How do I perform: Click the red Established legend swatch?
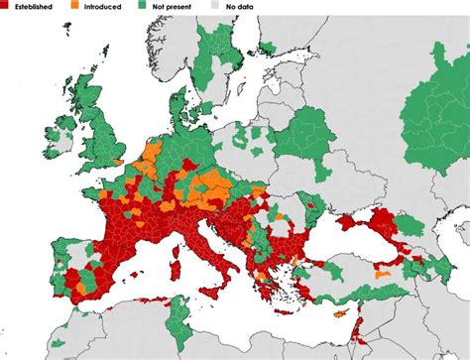[x=6, y=5]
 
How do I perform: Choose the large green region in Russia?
[x=436, y=109]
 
